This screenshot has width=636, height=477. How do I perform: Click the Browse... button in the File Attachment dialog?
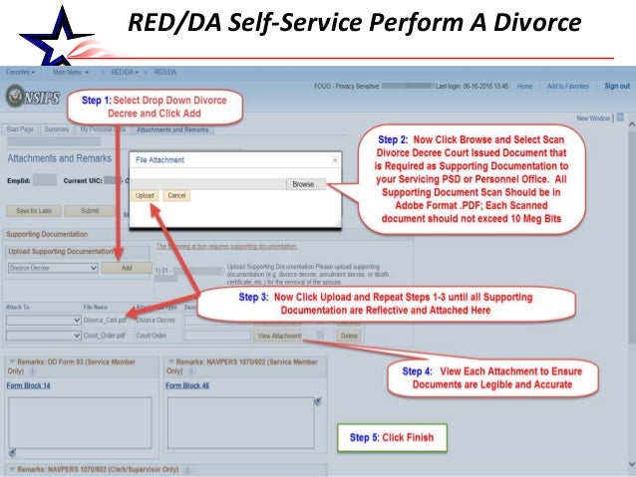306,184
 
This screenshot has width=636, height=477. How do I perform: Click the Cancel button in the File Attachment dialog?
176,195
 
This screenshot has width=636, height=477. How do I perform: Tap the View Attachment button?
279,336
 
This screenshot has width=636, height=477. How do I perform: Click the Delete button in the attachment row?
348,336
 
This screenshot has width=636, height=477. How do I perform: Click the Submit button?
90,211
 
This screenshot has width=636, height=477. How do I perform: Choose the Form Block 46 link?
187,384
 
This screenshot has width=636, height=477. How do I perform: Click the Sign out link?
616,87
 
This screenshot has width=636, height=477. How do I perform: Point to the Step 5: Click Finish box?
392,436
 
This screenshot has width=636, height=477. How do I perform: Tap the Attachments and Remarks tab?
172,129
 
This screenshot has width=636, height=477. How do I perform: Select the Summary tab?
57,129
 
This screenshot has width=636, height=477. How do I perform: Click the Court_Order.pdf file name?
105,336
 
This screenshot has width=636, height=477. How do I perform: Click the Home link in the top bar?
524,87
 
